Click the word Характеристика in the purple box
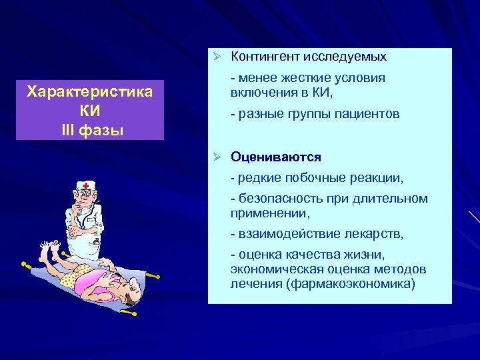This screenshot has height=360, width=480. [89, 91]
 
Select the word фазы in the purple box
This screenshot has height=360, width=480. [101, 128]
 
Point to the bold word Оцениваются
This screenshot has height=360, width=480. [276, 157]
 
